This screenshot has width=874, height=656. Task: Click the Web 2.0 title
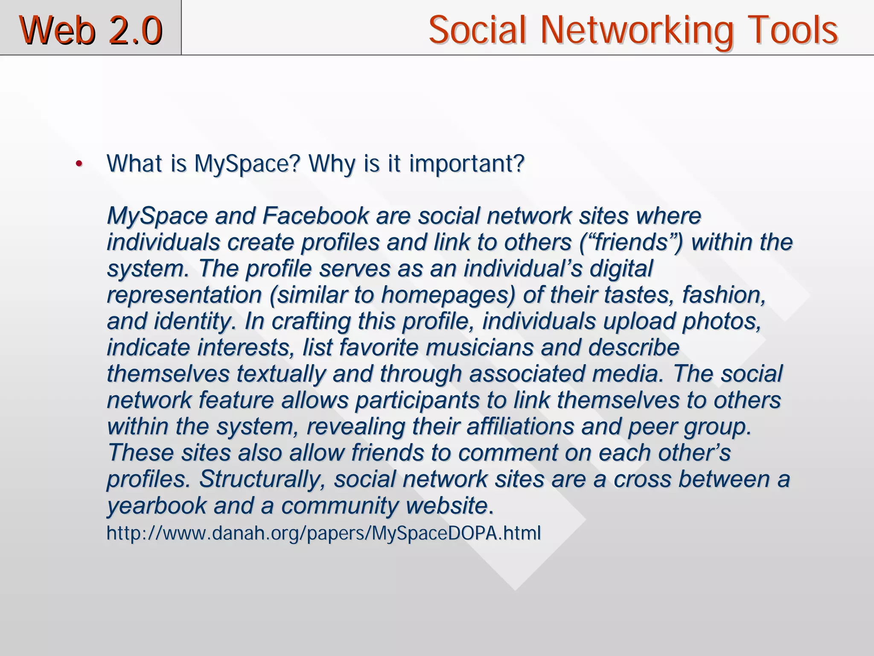coord(90,30)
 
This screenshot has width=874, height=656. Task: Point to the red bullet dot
coord(78,164)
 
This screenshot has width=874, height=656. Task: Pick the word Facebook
coord(315,216)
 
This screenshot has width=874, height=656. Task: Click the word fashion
coord(724,295)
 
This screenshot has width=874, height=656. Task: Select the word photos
coord(722,321)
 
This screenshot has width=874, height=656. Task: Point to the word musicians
coord(479,347)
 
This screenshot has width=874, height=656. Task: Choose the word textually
coord(281,374)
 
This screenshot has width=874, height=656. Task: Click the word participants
coord(417,400)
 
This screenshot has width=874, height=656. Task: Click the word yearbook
coord(156,506)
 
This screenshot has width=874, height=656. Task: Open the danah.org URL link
coord(323,533)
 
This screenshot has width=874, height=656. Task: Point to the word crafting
coord(311,321)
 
